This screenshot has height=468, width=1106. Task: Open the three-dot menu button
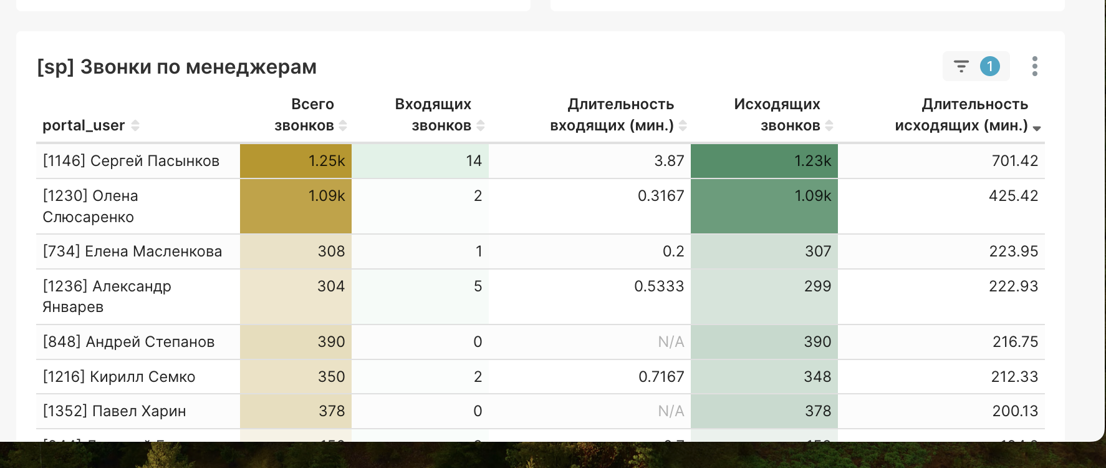click(1034, 66)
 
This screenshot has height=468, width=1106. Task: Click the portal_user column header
click(84, 125)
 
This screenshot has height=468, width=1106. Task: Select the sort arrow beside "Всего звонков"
click(343, 125)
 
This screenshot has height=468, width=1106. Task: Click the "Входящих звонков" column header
click(433, 115)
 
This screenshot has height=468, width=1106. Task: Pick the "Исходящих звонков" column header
click(777, 115)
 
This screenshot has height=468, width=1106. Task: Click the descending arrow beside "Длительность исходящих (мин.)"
click(1037, 128)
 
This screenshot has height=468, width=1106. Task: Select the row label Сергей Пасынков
click(131, 161)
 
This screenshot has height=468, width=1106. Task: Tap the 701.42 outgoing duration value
click(1014, 161)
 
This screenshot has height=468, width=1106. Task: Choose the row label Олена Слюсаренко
click(90, 207)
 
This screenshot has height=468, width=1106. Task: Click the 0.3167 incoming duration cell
click(661, 196)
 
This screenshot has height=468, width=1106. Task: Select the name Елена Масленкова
click(132, 251)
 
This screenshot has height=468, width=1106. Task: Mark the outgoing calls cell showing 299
click(817, 286)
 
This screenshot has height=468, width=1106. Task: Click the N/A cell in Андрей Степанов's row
click(671, 342)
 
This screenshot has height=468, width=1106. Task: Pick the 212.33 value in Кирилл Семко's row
click(1014, 377)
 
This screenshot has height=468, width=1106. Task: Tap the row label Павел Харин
click(114, 411)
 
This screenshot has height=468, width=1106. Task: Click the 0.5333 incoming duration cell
click(659, 286)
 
